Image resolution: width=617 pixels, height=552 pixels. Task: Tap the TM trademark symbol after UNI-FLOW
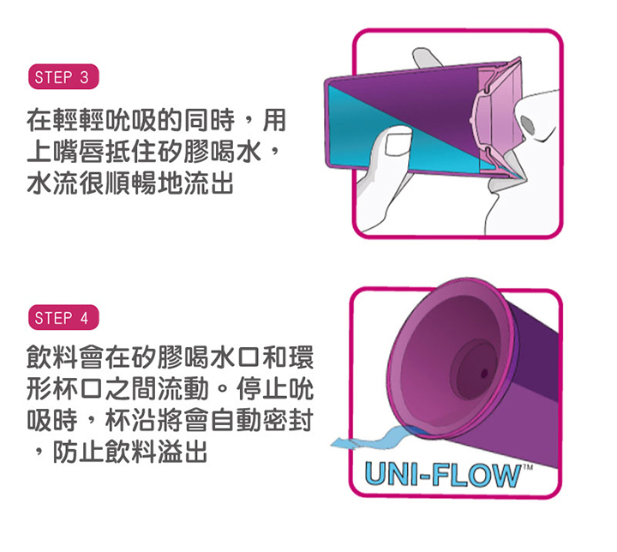tap(527, 466)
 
